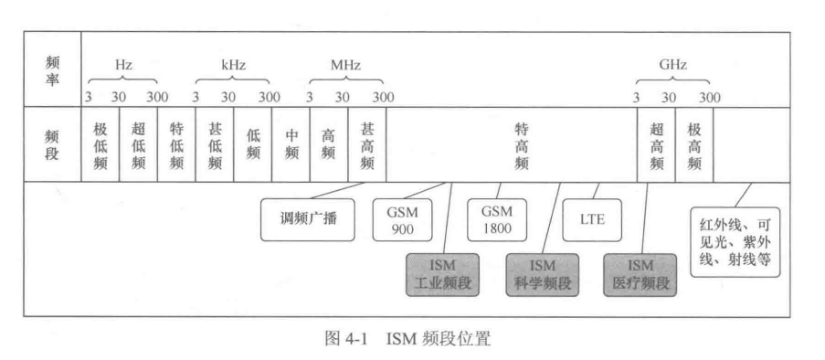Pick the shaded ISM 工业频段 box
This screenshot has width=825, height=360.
(442, 273)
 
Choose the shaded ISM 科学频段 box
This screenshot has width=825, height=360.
(540, 273)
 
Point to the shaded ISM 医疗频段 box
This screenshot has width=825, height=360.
(640, 273)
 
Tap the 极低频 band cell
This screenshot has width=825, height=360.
(100, 145)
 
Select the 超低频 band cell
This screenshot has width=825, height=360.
(139, 145)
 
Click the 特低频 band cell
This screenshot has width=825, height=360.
(176, 145)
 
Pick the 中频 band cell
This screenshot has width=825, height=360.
(291, 145)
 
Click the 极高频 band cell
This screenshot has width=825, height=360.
(693, 145)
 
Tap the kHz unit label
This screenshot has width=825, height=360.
(234, 66)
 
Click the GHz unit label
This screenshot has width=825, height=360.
(672, 66)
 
